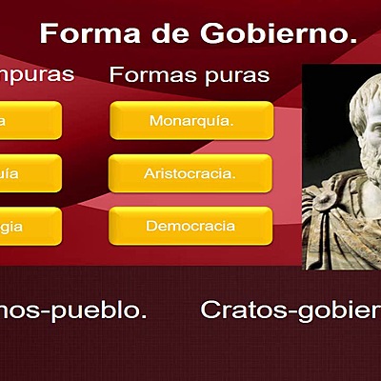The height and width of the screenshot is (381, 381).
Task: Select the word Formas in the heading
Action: click(148, 74)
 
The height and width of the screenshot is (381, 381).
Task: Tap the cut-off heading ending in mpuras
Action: click(36, 74)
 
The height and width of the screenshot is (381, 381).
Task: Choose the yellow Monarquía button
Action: click(190, 121)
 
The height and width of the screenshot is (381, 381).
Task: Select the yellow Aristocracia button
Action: click(190, 173)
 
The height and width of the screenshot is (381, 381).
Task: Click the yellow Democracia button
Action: click(190, 226)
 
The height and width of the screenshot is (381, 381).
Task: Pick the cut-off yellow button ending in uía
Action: click(29, 173)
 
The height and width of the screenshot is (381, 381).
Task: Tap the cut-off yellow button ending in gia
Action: click(29, 226)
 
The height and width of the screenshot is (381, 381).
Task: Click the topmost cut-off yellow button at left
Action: click(29, 121)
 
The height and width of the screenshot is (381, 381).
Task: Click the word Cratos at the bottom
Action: click(239, 310)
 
